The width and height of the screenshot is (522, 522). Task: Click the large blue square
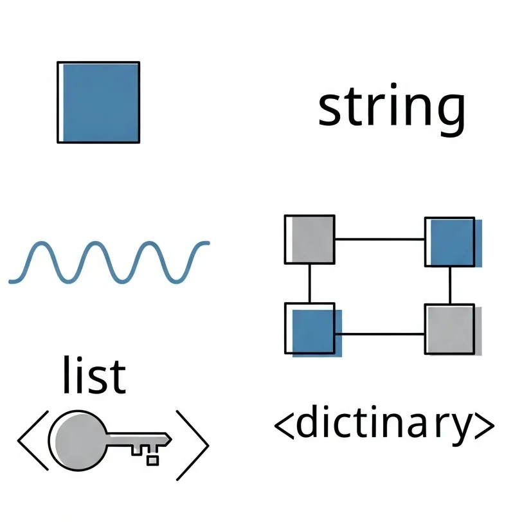point(98,102)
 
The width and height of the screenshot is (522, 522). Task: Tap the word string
point(391,109)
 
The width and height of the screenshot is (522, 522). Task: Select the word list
point(94,375)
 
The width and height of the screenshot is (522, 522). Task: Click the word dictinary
point(384,425)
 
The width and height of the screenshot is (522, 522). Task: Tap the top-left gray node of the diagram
point(310,239)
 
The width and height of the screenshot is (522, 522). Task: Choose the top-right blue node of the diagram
point(450,242)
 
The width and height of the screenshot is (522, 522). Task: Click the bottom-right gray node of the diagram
point(450,329)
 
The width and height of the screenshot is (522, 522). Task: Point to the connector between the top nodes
point(379,239)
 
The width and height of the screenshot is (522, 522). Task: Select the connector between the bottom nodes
point(379,334)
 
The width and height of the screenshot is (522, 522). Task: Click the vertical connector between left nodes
point(310,283)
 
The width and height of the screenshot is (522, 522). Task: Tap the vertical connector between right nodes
point(450,285)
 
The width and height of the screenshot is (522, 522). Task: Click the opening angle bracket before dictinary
point(283,425)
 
